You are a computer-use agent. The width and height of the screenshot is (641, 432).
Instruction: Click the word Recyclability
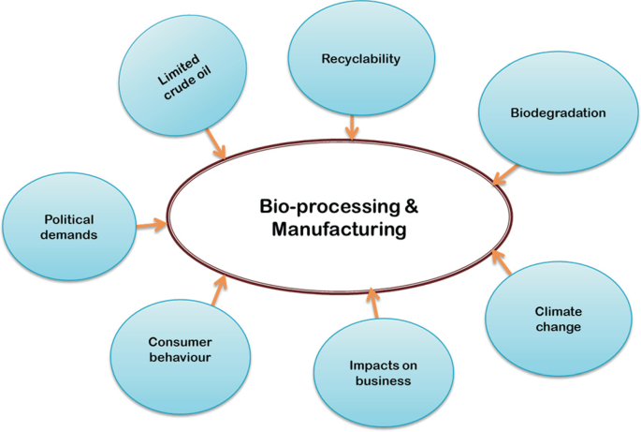360,59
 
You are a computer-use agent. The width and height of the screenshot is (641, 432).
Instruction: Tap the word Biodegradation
558,113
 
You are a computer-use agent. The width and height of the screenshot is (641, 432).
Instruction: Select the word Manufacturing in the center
339,230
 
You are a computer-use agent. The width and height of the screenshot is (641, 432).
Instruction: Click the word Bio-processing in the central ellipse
330,207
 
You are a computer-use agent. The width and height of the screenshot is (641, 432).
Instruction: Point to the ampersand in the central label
412,206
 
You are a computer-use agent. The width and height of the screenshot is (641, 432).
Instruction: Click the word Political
69,219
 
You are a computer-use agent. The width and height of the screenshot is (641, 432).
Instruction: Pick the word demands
68,235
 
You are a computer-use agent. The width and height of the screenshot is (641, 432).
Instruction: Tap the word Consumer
180,342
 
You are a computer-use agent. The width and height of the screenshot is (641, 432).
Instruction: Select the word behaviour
180,357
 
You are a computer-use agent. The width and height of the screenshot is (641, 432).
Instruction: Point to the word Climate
558,312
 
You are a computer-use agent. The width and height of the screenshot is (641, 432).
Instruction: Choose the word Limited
178,69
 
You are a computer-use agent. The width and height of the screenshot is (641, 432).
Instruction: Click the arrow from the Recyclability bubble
352,127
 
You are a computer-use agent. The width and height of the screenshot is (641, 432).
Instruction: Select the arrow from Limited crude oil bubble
215,143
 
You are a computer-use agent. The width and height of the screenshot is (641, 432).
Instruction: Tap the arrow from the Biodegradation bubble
505,175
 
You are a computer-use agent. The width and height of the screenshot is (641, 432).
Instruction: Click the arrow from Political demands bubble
152,224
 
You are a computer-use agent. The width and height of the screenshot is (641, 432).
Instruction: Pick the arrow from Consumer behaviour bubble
220,290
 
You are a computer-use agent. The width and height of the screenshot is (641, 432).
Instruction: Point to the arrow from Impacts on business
372,303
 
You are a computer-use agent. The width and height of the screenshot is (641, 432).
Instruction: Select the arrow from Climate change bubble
502,261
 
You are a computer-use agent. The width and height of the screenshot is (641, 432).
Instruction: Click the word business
383,380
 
